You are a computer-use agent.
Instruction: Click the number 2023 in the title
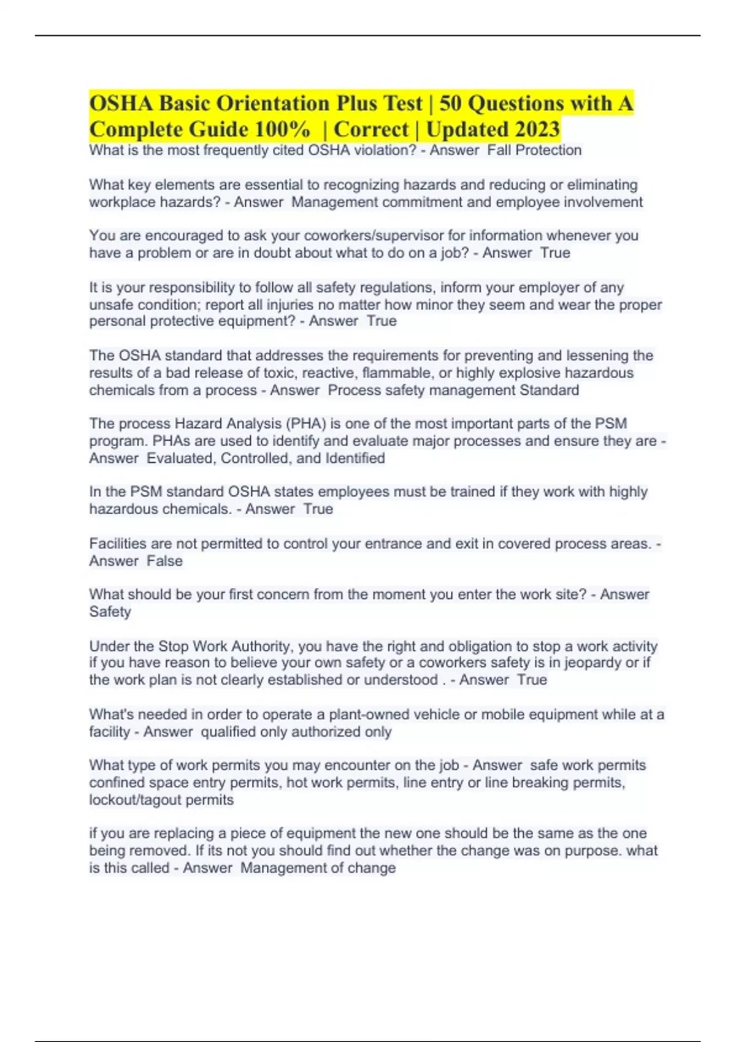pyautogui.click(x=537, y=129)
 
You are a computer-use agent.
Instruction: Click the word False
pyautogui.click(x=164, y=561)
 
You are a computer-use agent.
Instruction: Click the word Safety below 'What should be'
pyautogui.click(x=110, y=612)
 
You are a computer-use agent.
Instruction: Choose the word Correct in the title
pyautogui.click(x=371, y=129)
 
